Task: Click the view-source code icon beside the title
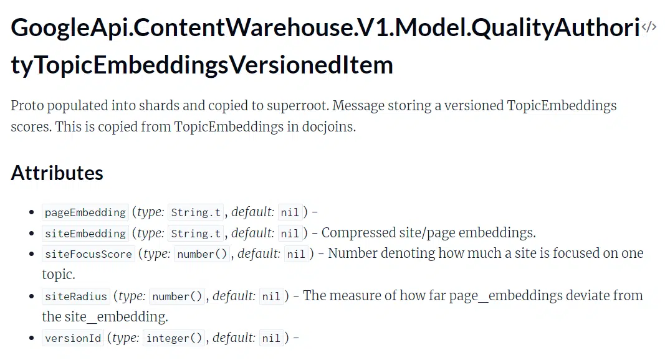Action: (x=649, y=27)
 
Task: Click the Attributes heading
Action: (x=57, y=173)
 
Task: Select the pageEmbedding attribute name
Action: (x=85, y=212)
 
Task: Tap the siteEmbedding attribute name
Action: (x=85, y=233)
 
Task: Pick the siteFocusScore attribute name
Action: (x=89, y=254)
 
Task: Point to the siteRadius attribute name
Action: (x=76, y=296)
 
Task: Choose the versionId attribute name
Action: (x=73, y=338)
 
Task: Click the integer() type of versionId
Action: (x=174, y=338)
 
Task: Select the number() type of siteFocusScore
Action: (x=202, y=254)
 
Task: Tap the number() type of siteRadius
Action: (x=177, y=296)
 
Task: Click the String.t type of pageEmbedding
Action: (x=196, y=212)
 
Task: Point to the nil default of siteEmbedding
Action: (x=290, y=233)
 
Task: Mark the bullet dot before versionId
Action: (x=31, y=338)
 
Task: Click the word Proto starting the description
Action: (x=27, y=106)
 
